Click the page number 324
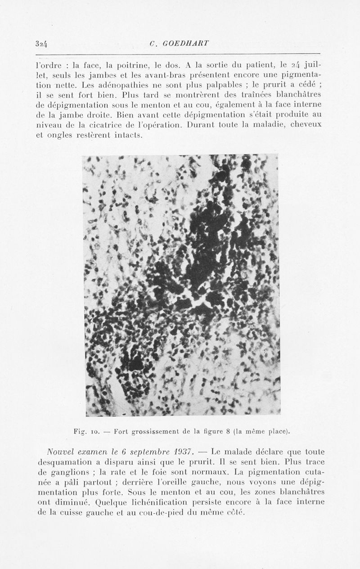(41, 44)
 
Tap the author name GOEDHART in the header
(185, 44)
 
